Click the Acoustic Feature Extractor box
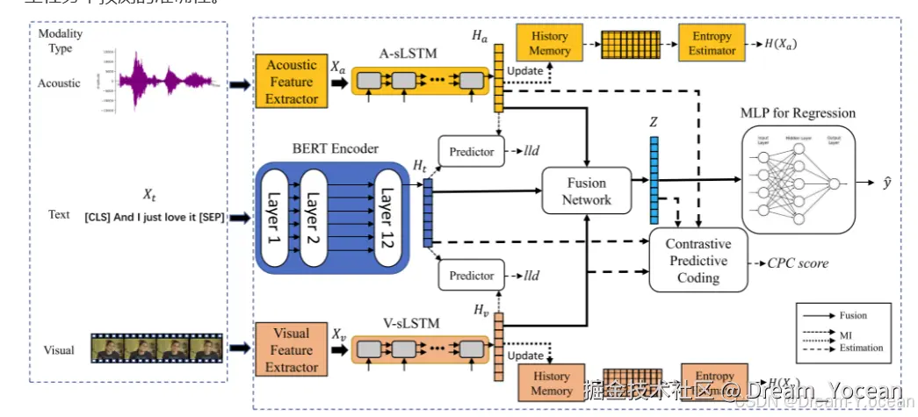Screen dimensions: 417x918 click(293, 82)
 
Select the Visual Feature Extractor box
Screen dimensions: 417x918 click(292, 350)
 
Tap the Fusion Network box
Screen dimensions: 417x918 click(586, 191)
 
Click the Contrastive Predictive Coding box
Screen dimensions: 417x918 click(698, 261)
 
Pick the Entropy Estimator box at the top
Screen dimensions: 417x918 click(711, 43)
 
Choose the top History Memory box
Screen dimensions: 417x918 click(549, 44)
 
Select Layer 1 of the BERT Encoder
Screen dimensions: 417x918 click(274, 219)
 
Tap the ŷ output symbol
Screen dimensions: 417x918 click(888, 184)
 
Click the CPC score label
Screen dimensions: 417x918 click(799, 262)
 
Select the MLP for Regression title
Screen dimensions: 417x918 click(798, 113)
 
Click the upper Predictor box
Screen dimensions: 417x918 click(472, 152)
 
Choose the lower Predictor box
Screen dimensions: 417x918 click(472, 276)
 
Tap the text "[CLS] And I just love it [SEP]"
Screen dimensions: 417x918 click(154, 217)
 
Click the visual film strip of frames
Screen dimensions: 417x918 click(157, 349)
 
